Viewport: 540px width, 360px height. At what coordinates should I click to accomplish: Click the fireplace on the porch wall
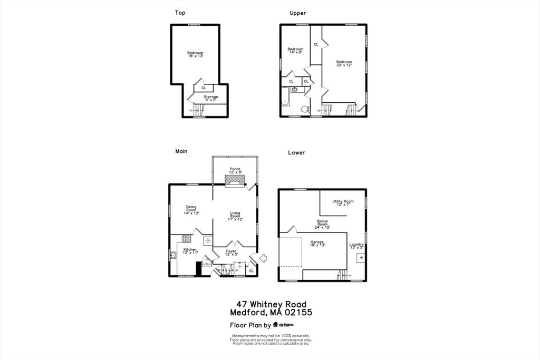tap(235, 181)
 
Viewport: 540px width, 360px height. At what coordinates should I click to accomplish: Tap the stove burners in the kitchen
tap(186, 238)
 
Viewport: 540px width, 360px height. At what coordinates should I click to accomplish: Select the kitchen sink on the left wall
tap(172, 256)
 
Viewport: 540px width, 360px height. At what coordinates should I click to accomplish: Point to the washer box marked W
tap(361, 258)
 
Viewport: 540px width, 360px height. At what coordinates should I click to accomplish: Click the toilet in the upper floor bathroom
tap(304, 109)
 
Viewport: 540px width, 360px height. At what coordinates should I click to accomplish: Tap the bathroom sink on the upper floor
tap(294, 90)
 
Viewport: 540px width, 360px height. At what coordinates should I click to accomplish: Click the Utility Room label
tap(343, 202)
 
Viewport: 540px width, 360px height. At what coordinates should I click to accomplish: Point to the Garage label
tap(317, 243)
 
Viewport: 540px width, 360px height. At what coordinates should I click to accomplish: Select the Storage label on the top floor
tap(211, 98)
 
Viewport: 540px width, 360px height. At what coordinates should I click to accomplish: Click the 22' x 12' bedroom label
tap(344, 63)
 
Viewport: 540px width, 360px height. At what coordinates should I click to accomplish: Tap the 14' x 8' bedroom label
tap(295, 51)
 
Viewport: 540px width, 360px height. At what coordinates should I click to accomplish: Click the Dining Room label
tap(191, 210)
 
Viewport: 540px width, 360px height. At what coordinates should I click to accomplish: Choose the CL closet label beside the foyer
tap(251, 271)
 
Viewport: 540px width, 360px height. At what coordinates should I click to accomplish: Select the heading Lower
tap(296, 153)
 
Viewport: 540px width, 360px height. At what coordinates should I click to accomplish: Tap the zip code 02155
tap(299, 312)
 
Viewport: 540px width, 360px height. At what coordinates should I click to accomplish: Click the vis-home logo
tap(286, 325)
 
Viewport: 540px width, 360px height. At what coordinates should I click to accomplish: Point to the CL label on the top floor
tap(204, 88)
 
